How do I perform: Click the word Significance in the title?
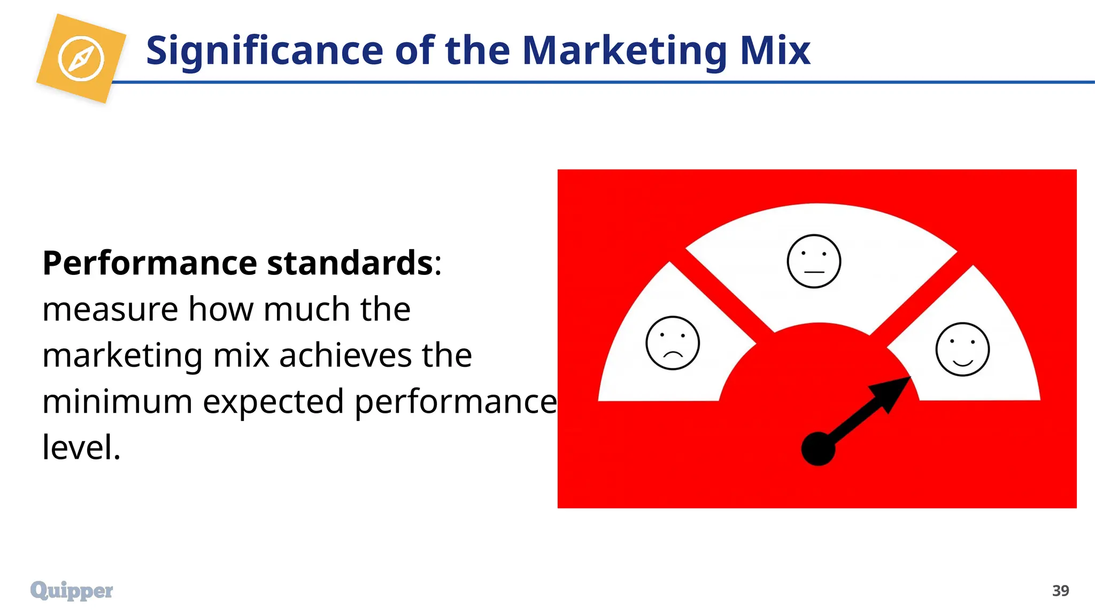[265, 51]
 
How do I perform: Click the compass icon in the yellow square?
[81, 59]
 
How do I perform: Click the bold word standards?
[350, 263]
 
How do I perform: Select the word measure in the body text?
[110, 310]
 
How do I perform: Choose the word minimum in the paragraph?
[117, 402]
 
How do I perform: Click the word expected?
[273, 402]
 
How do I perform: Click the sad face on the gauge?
[673, 343]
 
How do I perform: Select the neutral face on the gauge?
[814, 261]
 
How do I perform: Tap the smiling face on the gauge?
[962, 349]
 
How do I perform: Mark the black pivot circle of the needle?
[818, 449]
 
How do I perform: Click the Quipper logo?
[72, 590]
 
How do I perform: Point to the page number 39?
[1060, 591]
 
